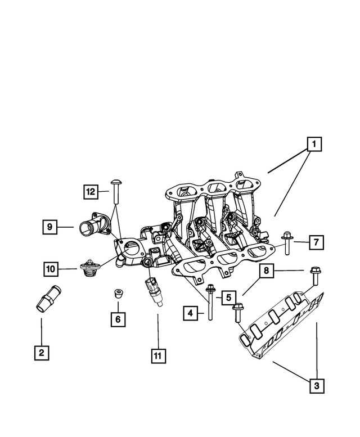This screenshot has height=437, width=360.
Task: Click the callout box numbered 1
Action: tap(314, 145)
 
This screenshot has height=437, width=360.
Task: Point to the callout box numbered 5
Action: tap(228, 297)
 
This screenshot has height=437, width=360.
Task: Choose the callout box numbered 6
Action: tap(118, 319)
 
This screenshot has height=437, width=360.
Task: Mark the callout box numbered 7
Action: tap(316, 242)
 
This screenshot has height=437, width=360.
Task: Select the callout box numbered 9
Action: tap(49, 227)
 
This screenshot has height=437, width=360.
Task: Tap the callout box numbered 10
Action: tap(52, 269)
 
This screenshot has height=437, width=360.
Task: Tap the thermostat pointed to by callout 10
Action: tap(89, 269)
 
